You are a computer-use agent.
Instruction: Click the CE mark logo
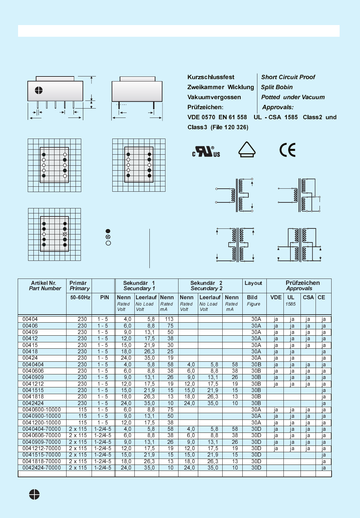(x=287, y=150)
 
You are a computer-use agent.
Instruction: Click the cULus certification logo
(x=206, y=152)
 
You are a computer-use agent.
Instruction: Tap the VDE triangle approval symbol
(x=247, y=149)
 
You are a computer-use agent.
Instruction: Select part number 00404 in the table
(x=30, y=319)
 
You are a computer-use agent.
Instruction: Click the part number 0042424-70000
(x=42, y=468)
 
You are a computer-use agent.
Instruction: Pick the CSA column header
(x=308, y=297)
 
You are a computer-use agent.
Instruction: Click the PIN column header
(x=104, y=297)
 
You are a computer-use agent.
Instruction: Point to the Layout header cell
(x=253, y=283)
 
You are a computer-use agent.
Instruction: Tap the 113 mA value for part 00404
(x=169, y=319)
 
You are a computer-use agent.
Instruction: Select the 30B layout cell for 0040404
(x=256, y=364)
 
